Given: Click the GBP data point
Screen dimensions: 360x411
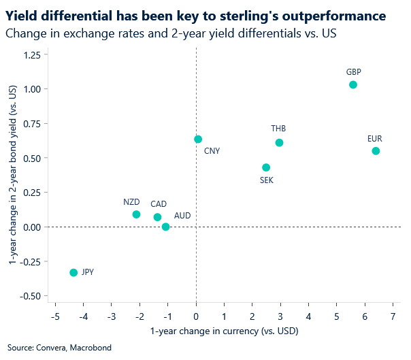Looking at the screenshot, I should pyautogui.click(x=352, y=85).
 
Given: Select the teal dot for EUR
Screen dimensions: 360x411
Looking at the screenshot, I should pyautogui.click(x=376, y=151).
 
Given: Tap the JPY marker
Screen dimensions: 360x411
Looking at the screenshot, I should pyautogui.click(x=73, y=272).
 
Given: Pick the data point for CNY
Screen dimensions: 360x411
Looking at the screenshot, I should pyautogui.click(x=198, y=140).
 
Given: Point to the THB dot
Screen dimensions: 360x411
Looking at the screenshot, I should pyautogui.click(x=279, y=143).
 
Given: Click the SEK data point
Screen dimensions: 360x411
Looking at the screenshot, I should pyautogui.click(x=266, y=167).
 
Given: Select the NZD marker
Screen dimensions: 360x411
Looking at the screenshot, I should pyautogui.click(x=136, y=214).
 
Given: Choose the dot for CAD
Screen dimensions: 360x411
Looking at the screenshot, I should pyautogui.click(x=157, y=217).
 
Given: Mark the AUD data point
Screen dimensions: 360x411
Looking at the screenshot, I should pyautogui.click(x=165, y=227).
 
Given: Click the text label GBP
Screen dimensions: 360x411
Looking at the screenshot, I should pyautogui.click(x=353, y=71).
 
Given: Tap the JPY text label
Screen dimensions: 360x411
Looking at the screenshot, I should pyautogui.click(x=87, y=272).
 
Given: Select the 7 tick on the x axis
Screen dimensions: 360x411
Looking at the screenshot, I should pyautogui.click(x=393, y=316).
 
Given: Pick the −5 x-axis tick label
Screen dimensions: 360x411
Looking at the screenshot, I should pyautogui.click(x=54, y=316).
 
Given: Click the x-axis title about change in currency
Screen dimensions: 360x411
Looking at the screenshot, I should pyautogui.click(x=224, y=331).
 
